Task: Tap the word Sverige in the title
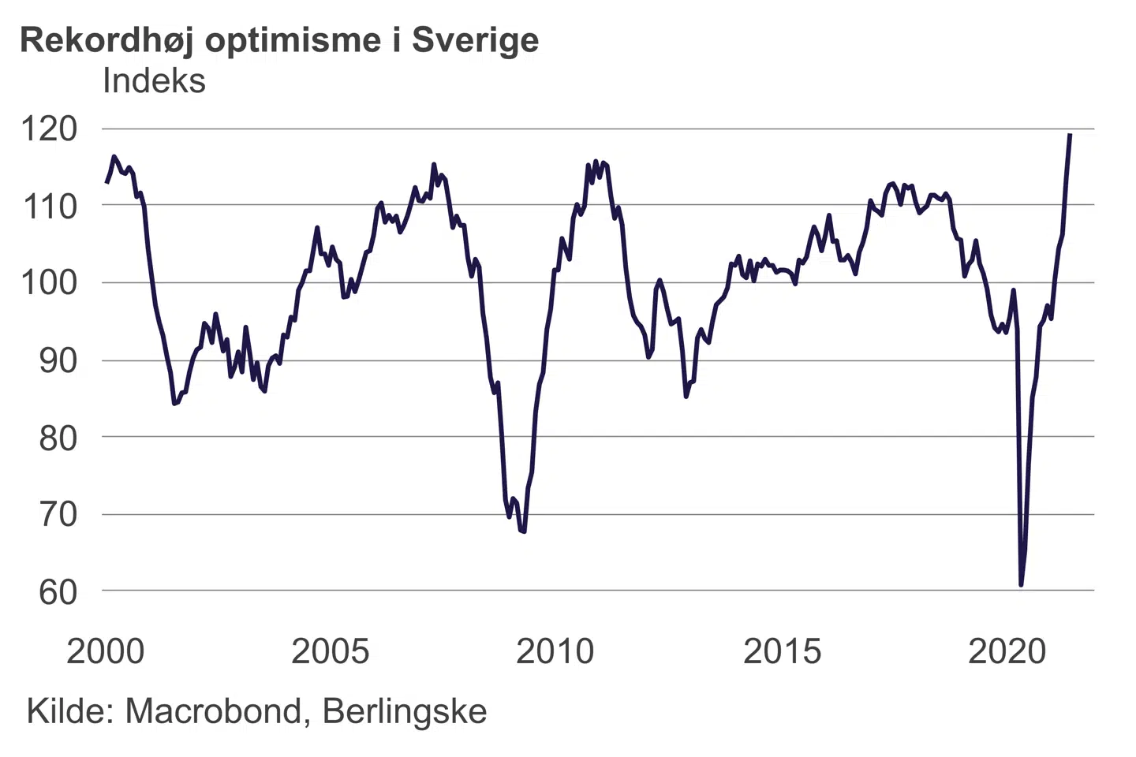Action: [x=475, y=40]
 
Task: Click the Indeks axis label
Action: [x=154, y=81]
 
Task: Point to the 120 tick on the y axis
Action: [x=49, y=129]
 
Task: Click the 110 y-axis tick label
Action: [x=49, y=207]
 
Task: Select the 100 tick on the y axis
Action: [x=49, y=283]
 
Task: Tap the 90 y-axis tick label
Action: [x=58, y=360]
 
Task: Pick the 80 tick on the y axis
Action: [x=58, y=438]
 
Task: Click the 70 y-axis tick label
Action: [x=58, y=514]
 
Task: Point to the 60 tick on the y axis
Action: [x=58, y=591]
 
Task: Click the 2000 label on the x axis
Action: [x=106, y=651]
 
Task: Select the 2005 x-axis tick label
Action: [x=330, y=651]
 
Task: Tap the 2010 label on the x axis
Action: [x=555, y=651]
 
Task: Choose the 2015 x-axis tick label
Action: [x=782, y=651]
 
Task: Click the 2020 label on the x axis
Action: [x=1007, y=651]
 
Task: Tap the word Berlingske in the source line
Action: [x=405, y=711]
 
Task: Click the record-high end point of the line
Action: [x=1070, y=135]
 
